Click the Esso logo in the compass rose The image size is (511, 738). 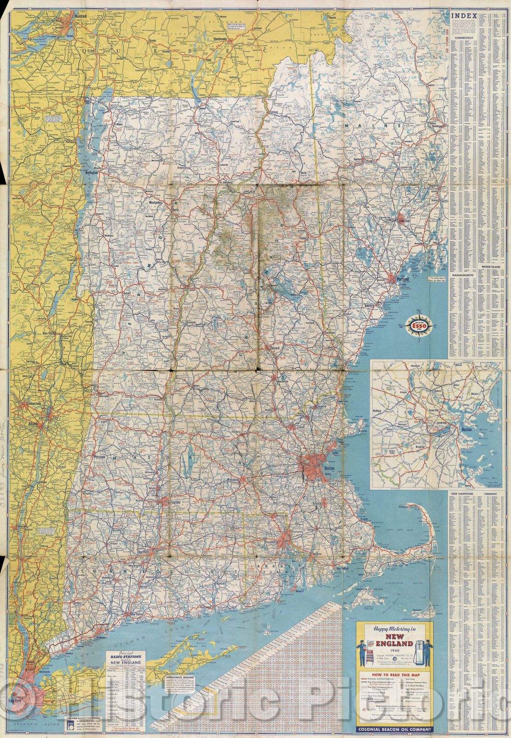pyautogui.click(x=417, y=327)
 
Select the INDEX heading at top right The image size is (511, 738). pyautogui.click(x=462, y=15)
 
